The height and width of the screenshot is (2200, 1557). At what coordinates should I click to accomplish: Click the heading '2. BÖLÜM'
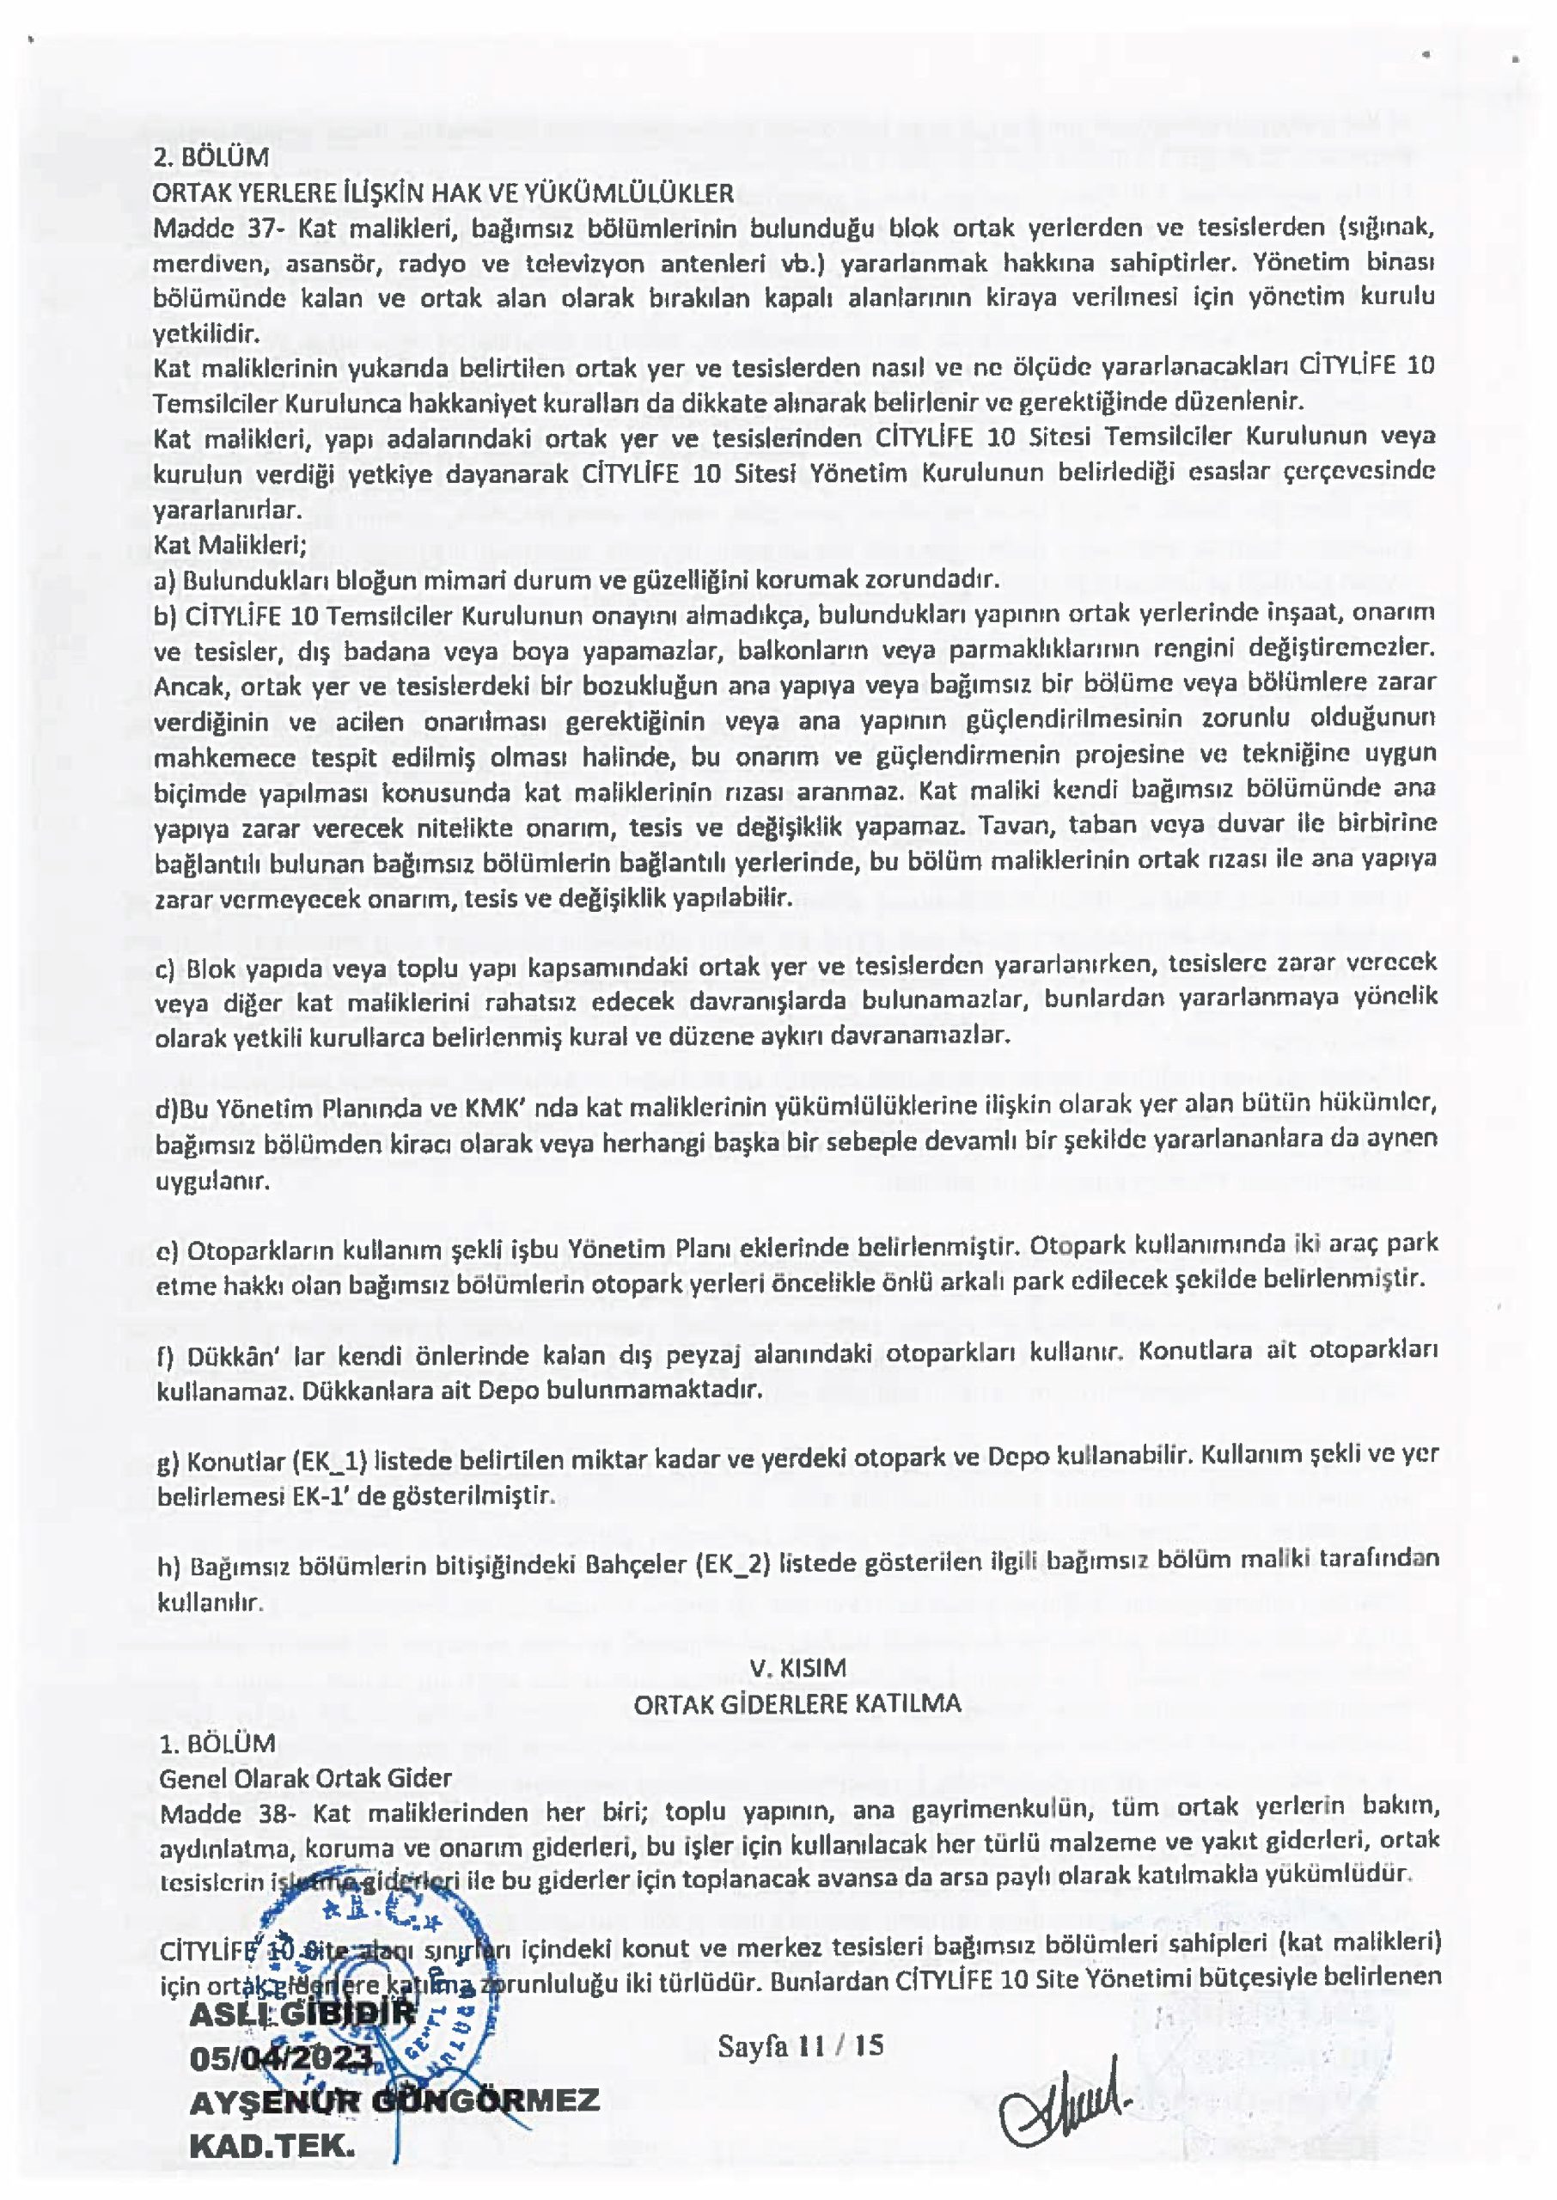pos(210,156)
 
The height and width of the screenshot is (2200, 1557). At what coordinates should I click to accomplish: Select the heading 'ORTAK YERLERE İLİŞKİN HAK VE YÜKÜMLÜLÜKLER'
pos(443,192)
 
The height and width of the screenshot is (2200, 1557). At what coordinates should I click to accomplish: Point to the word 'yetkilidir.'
pos(206,334)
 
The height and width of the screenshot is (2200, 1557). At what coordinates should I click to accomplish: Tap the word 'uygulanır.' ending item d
pos(213,1181)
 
